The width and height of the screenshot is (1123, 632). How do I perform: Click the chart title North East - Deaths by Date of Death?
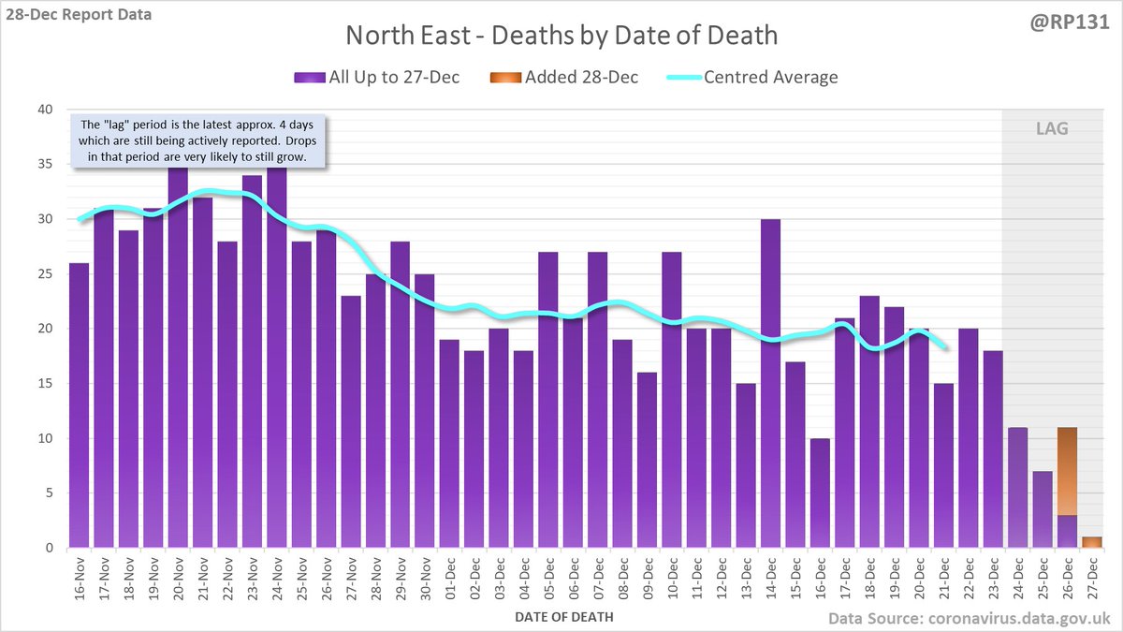561,36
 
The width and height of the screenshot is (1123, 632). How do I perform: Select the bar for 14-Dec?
771,384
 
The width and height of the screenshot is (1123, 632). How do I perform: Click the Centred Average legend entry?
752,77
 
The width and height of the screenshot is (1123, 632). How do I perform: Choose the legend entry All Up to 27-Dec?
380,77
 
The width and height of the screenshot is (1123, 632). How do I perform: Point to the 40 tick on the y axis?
46,110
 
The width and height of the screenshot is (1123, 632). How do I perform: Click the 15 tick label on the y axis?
46,384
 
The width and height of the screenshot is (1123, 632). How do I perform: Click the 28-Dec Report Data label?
77,14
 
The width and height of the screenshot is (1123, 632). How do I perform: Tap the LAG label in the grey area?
1051,129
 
